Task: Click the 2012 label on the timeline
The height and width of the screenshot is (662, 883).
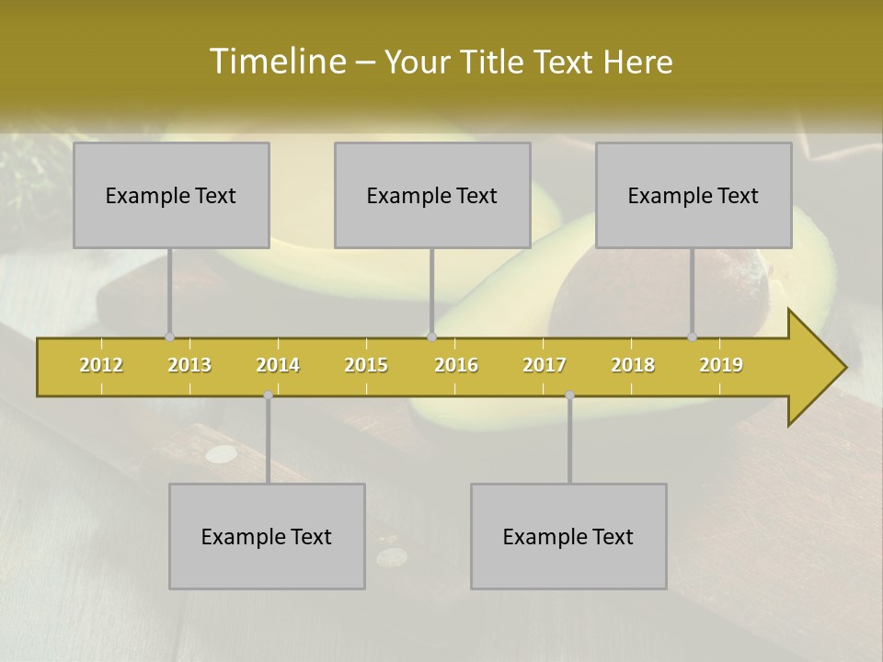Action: coord(101,365)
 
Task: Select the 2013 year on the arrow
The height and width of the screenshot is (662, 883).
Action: coord(189,365)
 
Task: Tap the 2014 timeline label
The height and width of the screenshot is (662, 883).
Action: coord(278,365)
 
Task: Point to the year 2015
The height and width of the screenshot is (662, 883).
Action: coord(366,365)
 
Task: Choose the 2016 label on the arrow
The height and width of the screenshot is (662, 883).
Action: coord(456,365)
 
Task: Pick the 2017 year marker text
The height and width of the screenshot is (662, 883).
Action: coord(545,365)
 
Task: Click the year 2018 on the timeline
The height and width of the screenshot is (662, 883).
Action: coord(633,365)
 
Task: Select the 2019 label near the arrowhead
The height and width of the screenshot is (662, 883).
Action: coord(721,365)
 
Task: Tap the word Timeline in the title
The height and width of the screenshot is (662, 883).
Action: coord(277,62)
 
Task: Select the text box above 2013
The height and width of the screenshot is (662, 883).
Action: coord(171,195)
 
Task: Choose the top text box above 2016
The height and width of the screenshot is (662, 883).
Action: coord(432,195)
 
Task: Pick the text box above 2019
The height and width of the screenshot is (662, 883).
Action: coord(694,195)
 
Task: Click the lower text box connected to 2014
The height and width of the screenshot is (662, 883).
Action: coord(267,536)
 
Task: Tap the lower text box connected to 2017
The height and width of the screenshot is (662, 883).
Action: coord(568,536)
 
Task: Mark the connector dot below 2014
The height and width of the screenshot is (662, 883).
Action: coord(268,395)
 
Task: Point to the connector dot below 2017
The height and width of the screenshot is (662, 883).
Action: coord(569,395)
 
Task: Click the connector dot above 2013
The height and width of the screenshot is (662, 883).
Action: coord(169,337)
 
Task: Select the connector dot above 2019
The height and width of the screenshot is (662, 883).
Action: coord(692,337)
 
